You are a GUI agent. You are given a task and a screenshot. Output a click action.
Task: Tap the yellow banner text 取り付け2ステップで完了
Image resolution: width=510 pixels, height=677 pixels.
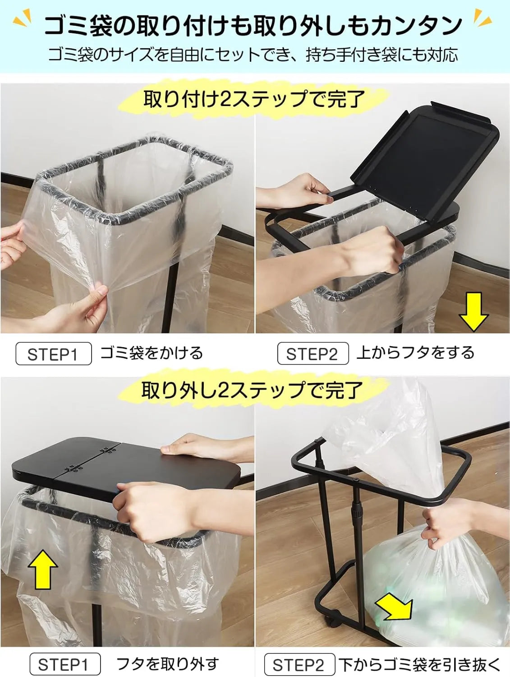254,98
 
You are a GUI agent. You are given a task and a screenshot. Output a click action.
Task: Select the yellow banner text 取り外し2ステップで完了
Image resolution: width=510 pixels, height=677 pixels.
252,390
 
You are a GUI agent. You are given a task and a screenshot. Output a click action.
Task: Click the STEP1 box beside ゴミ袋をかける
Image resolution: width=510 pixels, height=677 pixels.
53,354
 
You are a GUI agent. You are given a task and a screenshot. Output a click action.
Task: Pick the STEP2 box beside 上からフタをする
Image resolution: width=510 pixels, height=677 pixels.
312,354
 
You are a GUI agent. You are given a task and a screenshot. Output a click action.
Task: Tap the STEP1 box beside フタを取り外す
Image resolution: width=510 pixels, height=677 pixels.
64,664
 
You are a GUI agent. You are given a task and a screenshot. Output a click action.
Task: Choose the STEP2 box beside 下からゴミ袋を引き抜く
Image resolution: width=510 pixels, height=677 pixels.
299,664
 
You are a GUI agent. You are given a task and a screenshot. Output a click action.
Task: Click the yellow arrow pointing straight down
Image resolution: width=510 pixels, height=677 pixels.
473,311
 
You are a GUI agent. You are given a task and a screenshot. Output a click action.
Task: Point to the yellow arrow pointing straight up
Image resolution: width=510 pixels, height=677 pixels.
43,570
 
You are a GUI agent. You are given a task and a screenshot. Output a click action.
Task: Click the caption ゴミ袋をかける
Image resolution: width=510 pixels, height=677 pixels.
152,353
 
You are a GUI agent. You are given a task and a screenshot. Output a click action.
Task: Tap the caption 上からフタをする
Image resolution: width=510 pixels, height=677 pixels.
415,352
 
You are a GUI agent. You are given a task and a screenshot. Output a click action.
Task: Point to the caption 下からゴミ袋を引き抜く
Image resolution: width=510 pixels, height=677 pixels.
420,664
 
